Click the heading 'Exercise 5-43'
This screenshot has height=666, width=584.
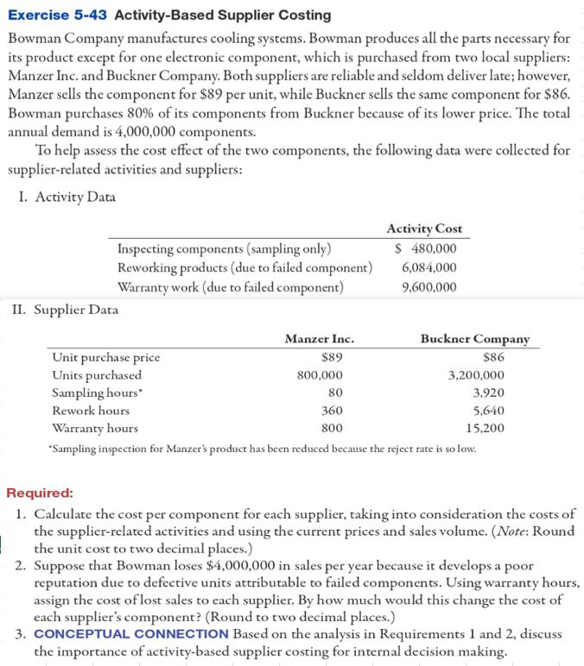pyautogui.click(x=58, y=15)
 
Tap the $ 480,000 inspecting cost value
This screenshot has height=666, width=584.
pyautogui.click(x=425, y=249)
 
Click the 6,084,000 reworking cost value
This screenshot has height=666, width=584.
pyautogui.click(x=429, y=267)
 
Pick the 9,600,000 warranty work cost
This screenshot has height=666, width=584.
pyautogui.click(x=429, y=286)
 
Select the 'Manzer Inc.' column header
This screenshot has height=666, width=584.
pyautogui.click(x=319, y=339)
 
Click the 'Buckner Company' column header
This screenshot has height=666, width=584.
pyautogui.click(x=475, y=339)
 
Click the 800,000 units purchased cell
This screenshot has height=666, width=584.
pyautogui.click(x=319, y=375)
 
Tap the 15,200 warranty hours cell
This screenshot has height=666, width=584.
pyautogui.click(x=485, y=428)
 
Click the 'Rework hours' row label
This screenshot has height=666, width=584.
pyautogui.click(x=91, y=411)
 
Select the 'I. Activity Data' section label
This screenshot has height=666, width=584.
pyautogui.click(x=67, y=197)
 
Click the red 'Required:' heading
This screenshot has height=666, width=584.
pyautogui.click(x=41, y=493)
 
